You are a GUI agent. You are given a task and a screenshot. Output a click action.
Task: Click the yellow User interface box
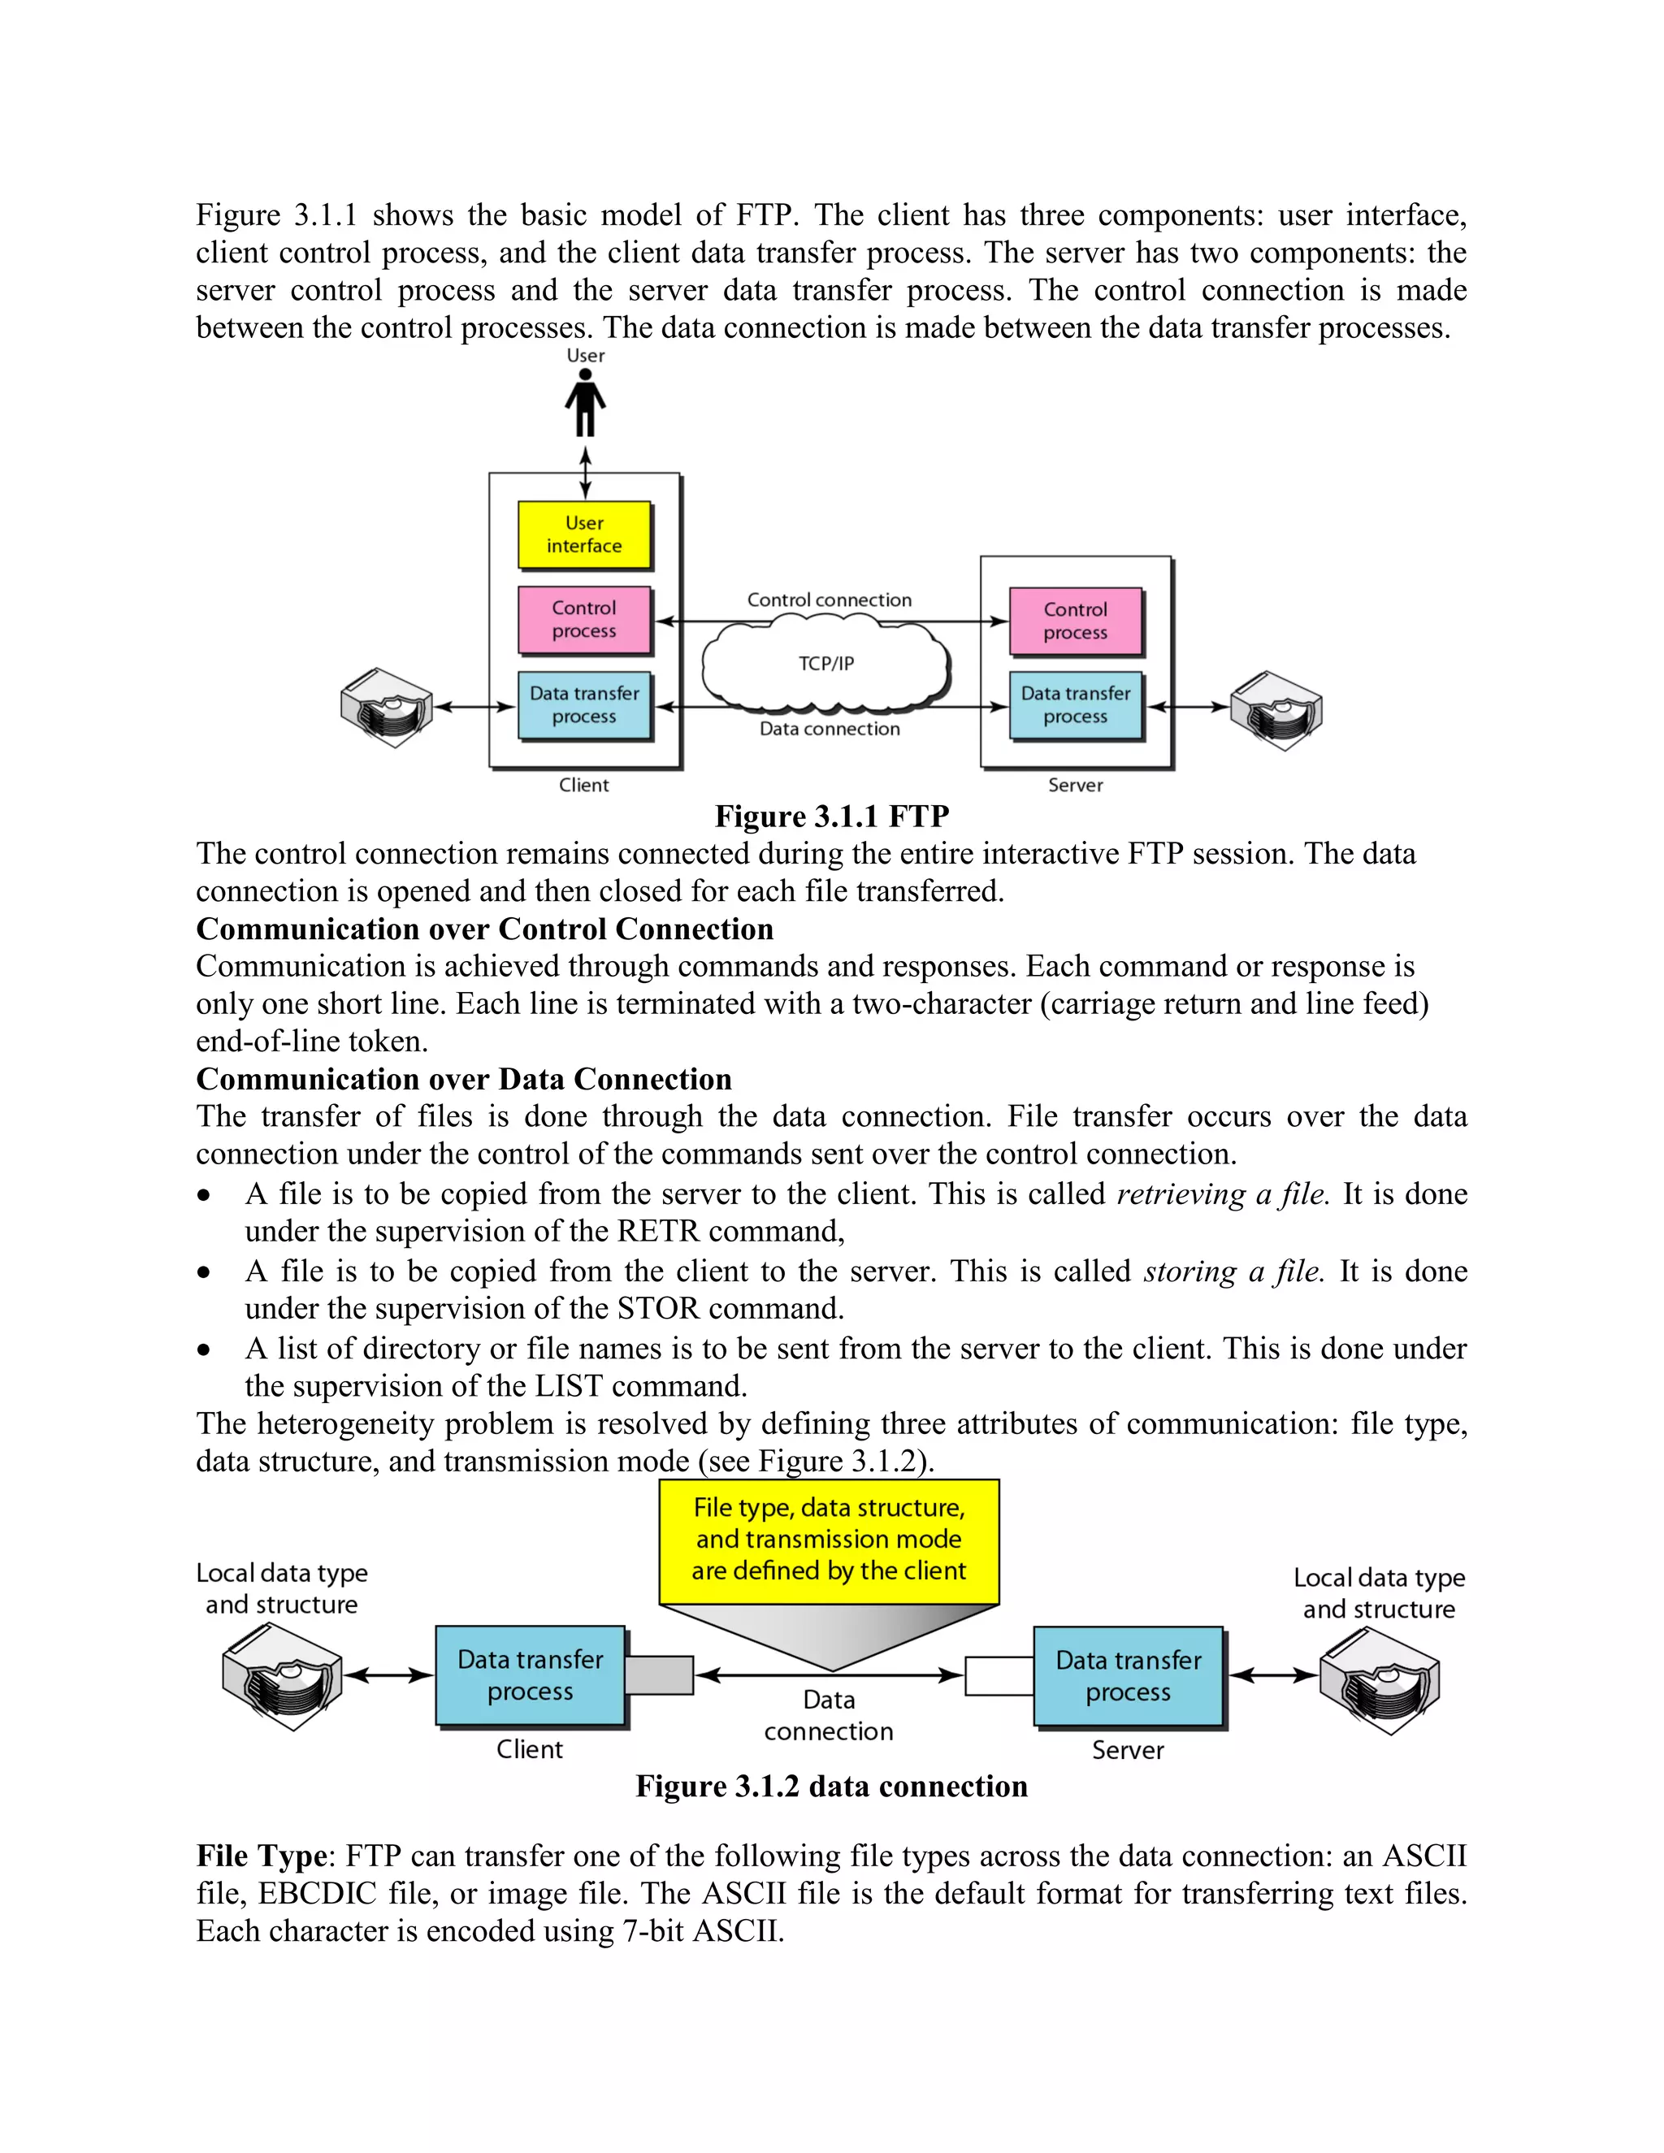[x=584, y=535]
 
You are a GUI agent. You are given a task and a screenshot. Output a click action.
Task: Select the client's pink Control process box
[x=584, y=620]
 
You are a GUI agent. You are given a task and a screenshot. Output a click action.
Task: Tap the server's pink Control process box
[x=1076, y=621]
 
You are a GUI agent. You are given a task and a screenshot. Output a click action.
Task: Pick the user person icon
[x=586, y=403]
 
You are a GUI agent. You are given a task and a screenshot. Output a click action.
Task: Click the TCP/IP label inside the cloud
[x=826, y=664]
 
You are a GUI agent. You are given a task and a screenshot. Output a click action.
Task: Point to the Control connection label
[x=829, y=600]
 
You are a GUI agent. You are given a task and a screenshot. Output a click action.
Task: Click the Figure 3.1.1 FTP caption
[x=832, y=817]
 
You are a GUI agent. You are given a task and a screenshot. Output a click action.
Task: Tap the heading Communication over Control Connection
[x=485, y=929]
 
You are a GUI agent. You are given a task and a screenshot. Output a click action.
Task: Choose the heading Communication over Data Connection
[x=464, y=1078]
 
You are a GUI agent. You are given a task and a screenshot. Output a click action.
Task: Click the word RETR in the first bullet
[x=658, y=1231]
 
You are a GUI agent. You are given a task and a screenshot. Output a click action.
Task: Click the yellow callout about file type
[x=829, y=1540]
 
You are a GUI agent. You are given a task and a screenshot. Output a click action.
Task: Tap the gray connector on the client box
[x=658, y=1675]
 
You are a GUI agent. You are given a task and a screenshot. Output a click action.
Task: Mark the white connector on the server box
[x=999, y=1676]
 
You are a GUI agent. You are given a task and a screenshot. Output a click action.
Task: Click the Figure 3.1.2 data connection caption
[x=832, y=1787]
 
